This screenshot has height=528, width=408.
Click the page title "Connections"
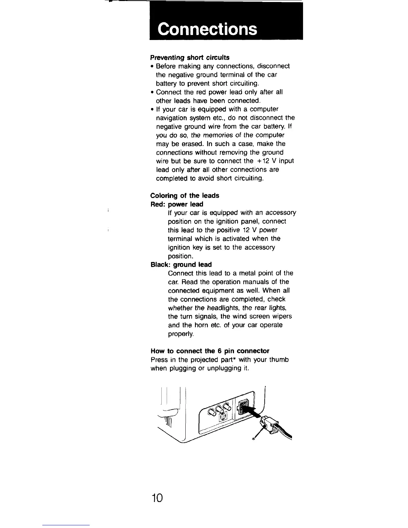[x=207, y=29]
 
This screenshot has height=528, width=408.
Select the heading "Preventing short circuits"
[x=190, y=57]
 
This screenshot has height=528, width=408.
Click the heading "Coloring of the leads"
[x=185, y=195]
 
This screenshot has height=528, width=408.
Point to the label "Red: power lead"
[x=177, y=204]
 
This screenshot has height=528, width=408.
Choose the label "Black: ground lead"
[x=181, y=265]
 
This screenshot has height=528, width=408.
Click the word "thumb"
[x=280, y=360]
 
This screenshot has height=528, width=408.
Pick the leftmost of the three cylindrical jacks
[x=211, y=413]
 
